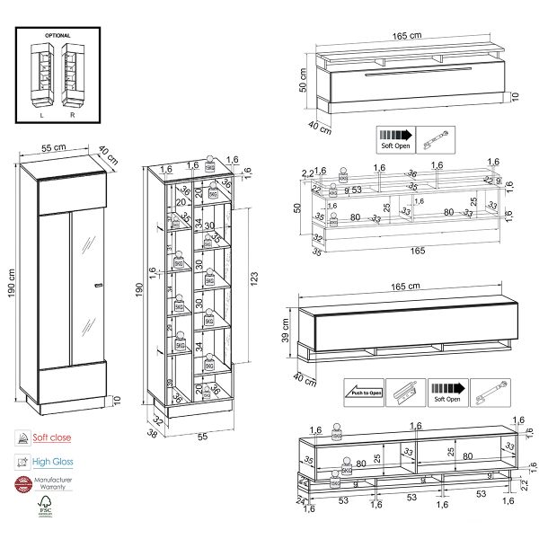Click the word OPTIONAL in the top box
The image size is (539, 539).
click(58, 36)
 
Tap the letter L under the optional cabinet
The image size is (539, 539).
click(42, 115)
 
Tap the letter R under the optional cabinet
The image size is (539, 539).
click(72, 115)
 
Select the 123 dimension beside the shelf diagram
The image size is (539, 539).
click(253, 278)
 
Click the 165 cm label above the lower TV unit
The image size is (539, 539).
click(407, 287)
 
